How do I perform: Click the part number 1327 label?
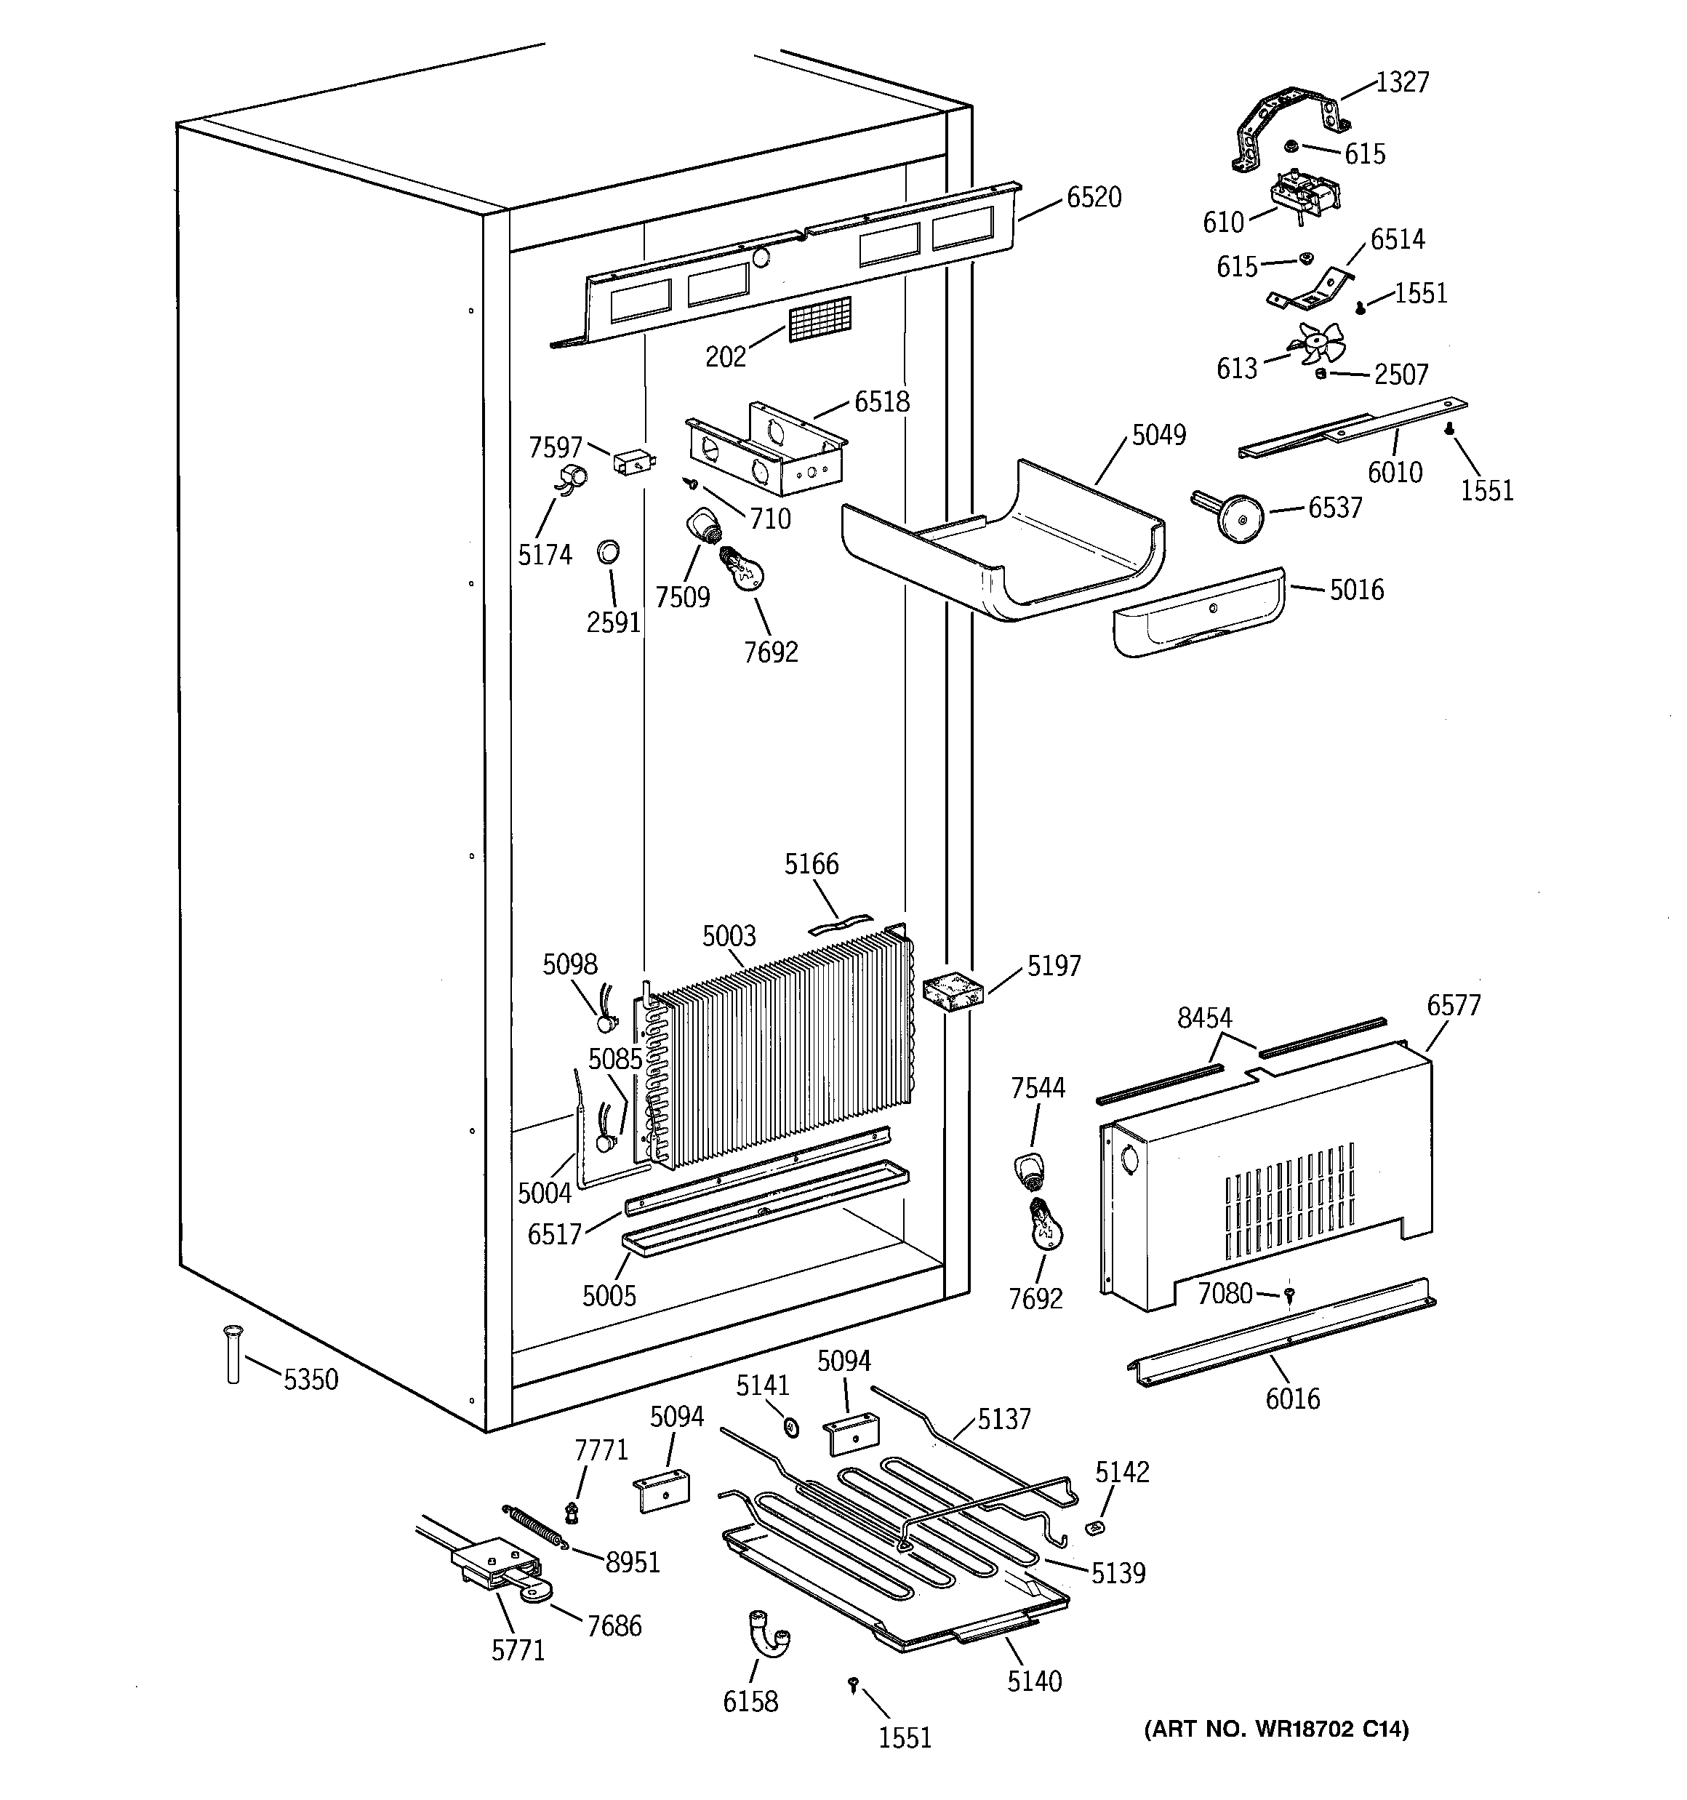(x=1402, y=82)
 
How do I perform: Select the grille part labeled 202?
(x=820, y=319)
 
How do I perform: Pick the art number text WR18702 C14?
(x=1277, y=1730)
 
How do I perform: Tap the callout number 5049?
(x=1158, y=436)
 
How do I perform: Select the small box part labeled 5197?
(x=953, y=991)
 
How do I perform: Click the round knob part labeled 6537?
(x=1235, y=515)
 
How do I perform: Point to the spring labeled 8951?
(x=535, y=1526)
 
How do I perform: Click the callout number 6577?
(x=1454, y=1006)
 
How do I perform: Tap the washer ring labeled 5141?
(x=790, y=1428)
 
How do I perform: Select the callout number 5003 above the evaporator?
(x=729, y=935)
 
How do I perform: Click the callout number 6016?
(x=1292, y=1399)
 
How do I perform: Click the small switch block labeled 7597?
(x=631, y=463)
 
